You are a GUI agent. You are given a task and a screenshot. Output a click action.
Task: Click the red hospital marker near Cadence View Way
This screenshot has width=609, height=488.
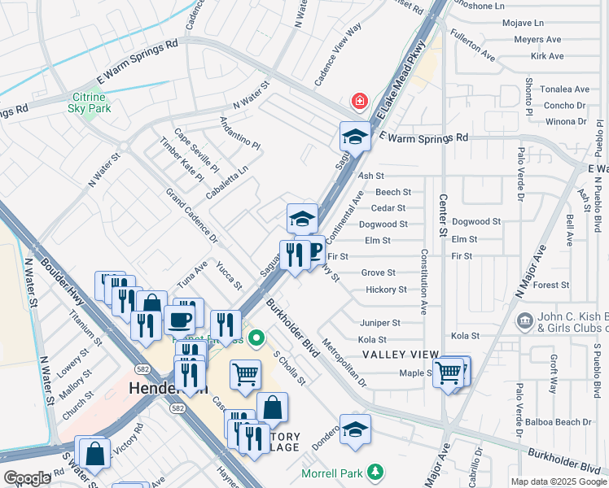coord(358,102)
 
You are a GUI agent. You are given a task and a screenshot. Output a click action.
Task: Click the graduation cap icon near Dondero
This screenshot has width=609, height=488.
coord(355,429)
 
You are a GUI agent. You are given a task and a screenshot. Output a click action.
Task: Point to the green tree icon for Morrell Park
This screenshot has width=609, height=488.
coord(375,472)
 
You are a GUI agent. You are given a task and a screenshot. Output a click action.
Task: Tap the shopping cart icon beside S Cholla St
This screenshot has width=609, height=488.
coord(245,374)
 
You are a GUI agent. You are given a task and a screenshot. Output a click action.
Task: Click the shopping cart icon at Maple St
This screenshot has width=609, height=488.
coord(448,373)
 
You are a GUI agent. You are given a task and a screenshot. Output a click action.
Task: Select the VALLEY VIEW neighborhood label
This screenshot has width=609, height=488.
coord(401,355)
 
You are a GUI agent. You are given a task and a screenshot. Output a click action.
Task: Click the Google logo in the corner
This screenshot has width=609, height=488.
coord(26,477)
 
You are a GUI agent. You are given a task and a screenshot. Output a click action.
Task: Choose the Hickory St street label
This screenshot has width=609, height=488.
coord(386,290)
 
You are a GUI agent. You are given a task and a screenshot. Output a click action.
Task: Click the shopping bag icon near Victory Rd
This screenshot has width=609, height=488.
coord(94,454)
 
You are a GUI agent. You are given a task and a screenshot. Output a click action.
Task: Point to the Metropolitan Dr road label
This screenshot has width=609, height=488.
coord(345,362)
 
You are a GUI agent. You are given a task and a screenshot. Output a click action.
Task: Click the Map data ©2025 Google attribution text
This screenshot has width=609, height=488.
coord(558,481)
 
